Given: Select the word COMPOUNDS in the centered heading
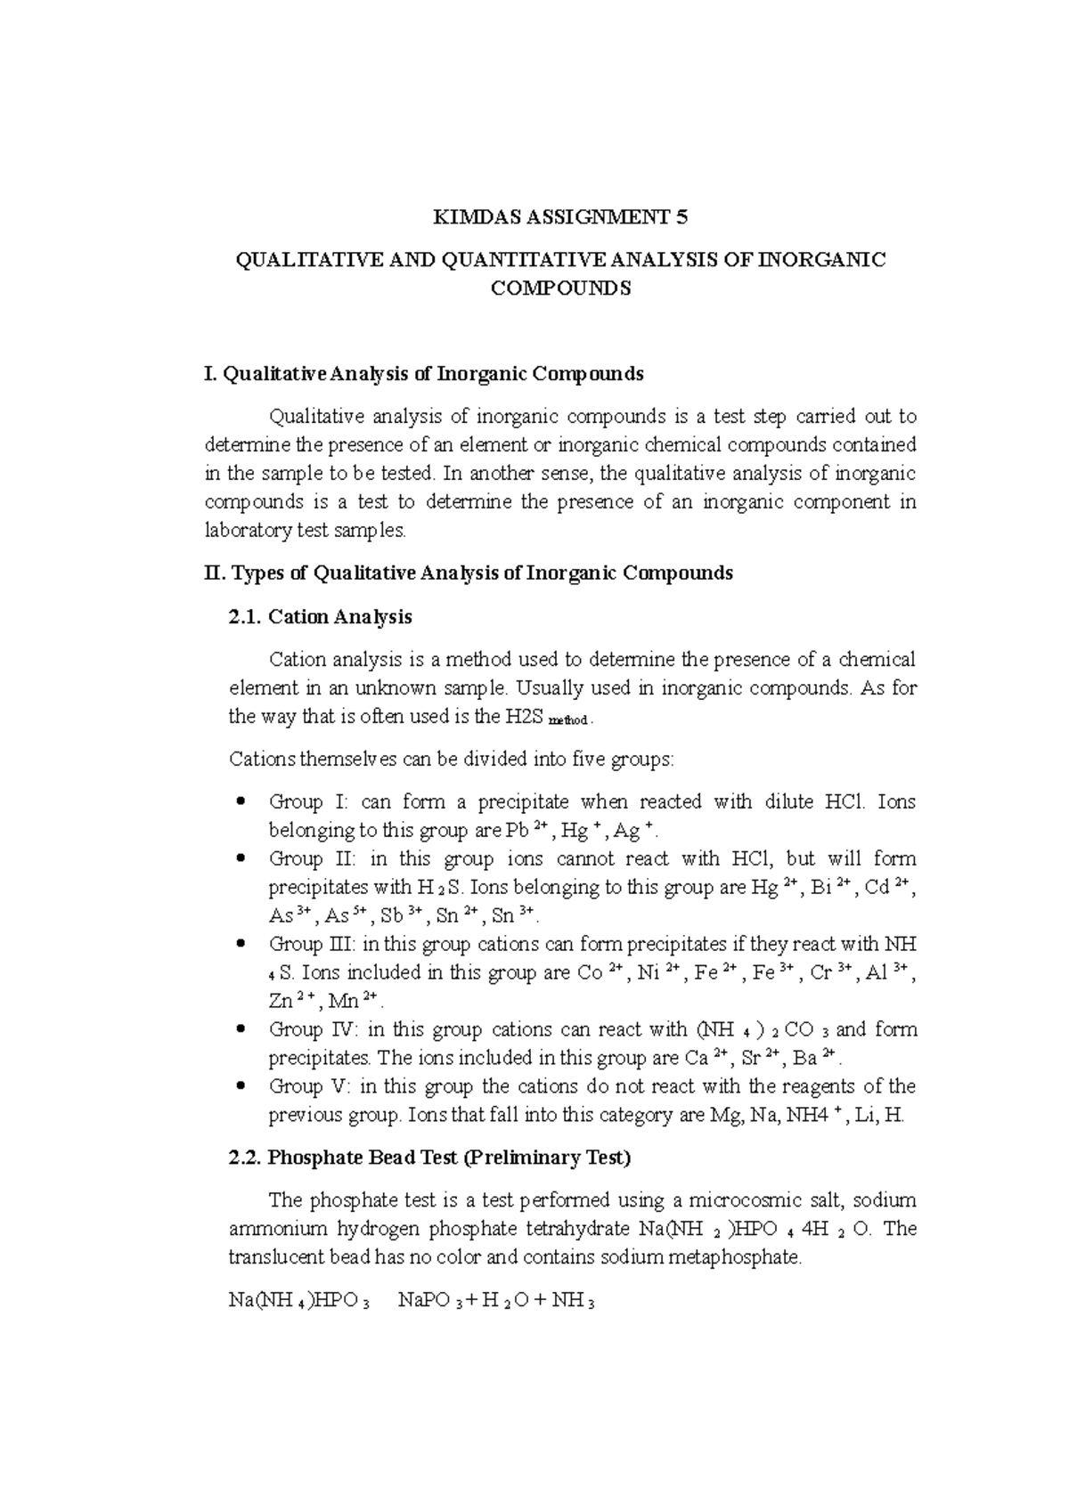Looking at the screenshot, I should pyautogui.click(x=560, y=289).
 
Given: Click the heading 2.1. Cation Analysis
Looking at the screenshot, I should pyautogui.click(x=321, y=616).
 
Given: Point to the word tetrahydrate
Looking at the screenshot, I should pyautogui.click(x=578, y=1229).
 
